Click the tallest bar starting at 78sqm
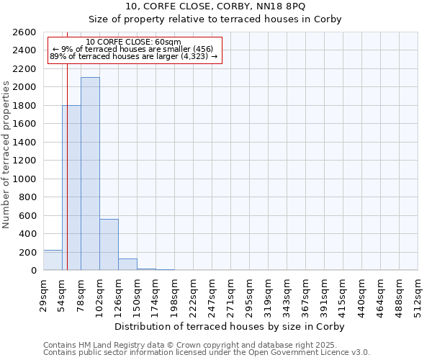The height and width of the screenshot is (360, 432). coord(90,174)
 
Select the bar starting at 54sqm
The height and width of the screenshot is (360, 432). coord(71,188)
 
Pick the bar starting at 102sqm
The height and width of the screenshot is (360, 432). coord(109,245)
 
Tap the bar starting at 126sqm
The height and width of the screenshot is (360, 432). coord(127,264)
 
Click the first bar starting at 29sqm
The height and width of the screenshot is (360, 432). coord(53,260)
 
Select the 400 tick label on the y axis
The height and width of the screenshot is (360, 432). coord(30,234)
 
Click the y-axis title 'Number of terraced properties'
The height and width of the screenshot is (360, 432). coord(7,154)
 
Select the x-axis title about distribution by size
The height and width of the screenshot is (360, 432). coord(230,326)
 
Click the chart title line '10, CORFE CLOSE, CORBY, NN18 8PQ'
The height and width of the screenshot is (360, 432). coord(215,6)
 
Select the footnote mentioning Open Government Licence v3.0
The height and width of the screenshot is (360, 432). coord(207,353)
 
